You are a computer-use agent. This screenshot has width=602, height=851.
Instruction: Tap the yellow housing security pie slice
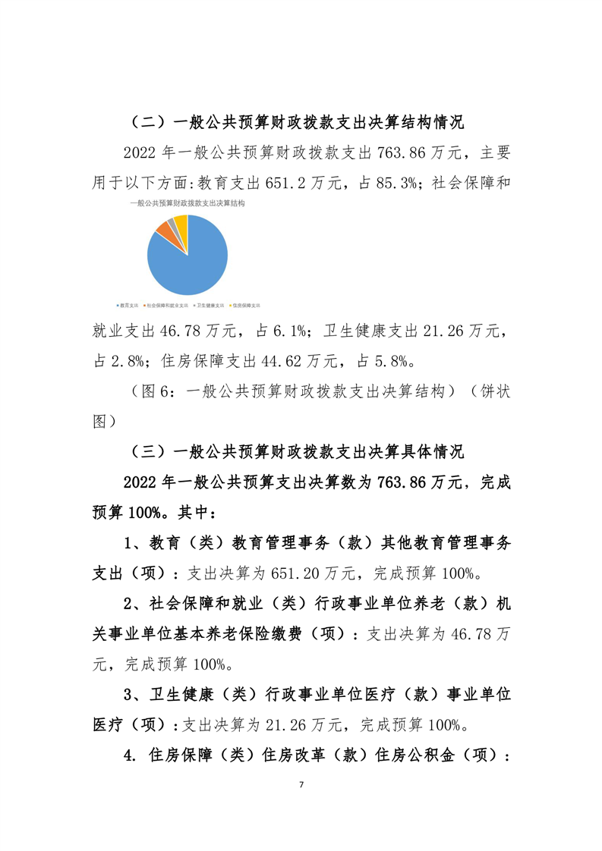181,221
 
